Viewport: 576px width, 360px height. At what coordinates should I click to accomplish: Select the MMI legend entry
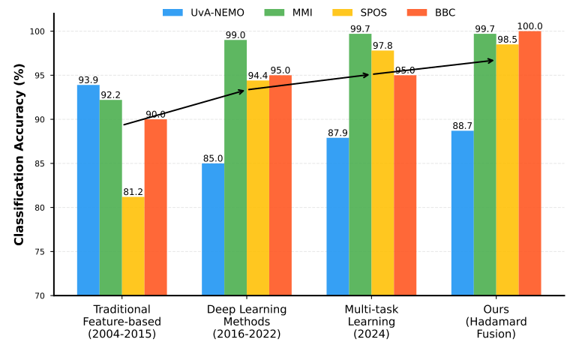[x=289, y=13]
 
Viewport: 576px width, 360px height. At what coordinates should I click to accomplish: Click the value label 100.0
[x=529, y=26]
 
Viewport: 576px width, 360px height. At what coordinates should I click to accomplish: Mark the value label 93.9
[x=88, y=80]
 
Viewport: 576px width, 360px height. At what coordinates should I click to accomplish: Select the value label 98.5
[x=507, y=39]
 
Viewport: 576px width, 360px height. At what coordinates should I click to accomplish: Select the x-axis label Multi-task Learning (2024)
[x=370, y=322]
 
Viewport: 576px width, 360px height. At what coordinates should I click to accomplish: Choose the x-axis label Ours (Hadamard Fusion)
[x=495, y=322]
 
